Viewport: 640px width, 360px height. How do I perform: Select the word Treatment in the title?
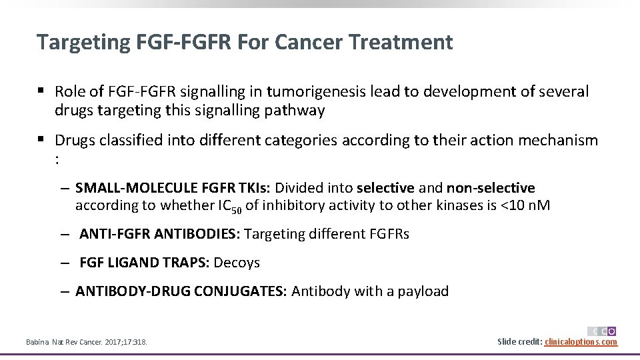(x=404, y=42)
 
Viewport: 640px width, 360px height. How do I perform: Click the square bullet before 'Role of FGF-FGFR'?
(x=41, y=91)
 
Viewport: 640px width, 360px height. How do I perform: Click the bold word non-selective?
(x=491, y=189)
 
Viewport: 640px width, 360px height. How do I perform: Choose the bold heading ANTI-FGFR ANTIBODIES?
(x=160, y=234)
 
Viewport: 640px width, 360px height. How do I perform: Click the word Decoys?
(x=237, y=263)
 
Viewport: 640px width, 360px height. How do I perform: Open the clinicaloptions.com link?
(x=581, y=342)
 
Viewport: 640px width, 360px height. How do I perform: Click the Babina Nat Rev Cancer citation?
(x=86, y=343)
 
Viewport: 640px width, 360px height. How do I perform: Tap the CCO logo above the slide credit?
(x=601, y=331)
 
